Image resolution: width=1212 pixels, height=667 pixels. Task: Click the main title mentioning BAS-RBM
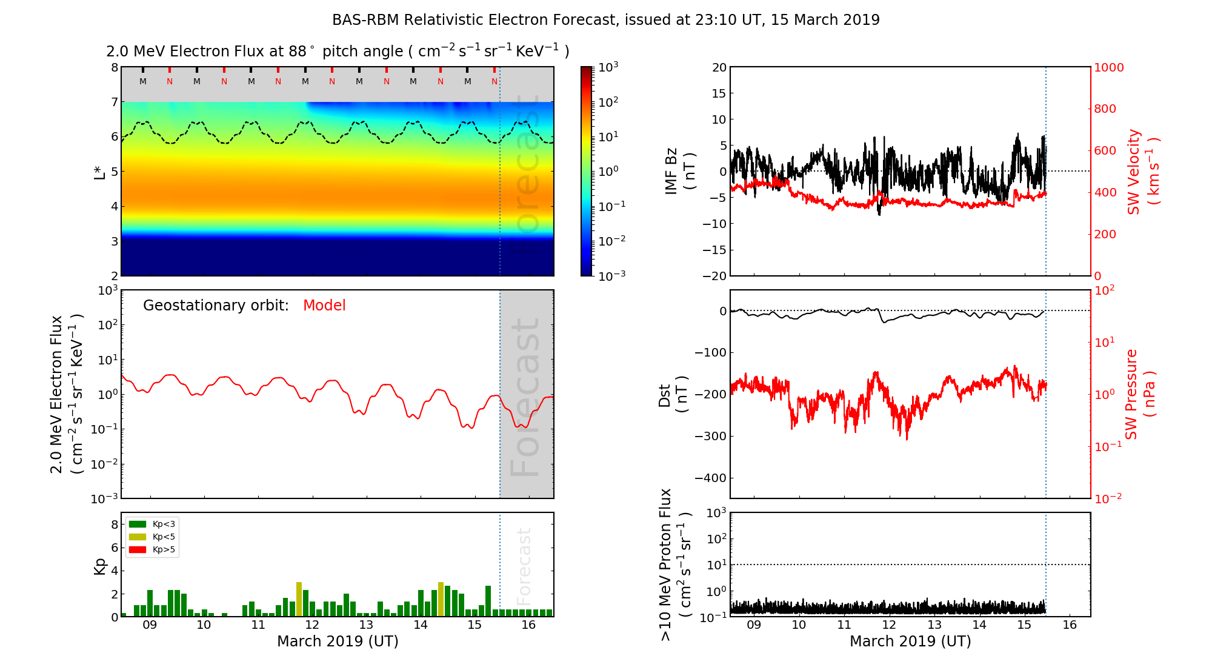pyautogui.click(x=605, y=20)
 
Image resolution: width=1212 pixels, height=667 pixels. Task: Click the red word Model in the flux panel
pyautogui.click(x=324, y=306)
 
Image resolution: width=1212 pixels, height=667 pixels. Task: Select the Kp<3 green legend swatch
pyautogui.click(x=138, y=524)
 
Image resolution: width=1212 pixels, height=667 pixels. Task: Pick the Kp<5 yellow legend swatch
pyautogui.click(x=138, y=537)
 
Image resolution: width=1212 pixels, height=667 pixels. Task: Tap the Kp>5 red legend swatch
pyautogui.click(x=138, y=550)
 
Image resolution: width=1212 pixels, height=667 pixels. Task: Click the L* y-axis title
pyautogui.click(x=99, y=172)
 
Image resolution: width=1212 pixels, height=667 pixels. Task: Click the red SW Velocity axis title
pyautogui.click(x=1142, y=171)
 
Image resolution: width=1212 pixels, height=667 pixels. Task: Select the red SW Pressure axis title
pyautogui.click(x=1140, y=394)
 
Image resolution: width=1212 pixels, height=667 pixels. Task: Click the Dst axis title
pyautogui.click(x=673, y=394)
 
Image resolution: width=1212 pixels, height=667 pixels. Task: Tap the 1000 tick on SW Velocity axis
pyautogui.click(x=1108, y=67)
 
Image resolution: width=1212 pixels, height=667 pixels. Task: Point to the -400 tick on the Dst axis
pyautogui.click(x=710, y=478)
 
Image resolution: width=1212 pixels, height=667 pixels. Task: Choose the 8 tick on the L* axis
pyautogui.click(x=114, y=67)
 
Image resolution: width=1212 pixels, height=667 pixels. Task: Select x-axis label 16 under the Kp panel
pyautogui.click(x=528, y=625)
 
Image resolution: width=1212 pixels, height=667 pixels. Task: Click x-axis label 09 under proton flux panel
pyautogui.click(x=753, y=625)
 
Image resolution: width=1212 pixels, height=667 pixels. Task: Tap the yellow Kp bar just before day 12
pyautogui.click(x=299, y=599)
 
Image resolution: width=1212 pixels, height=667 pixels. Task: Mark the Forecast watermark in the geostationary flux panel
pyautogui.click(x=525, y=397)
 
